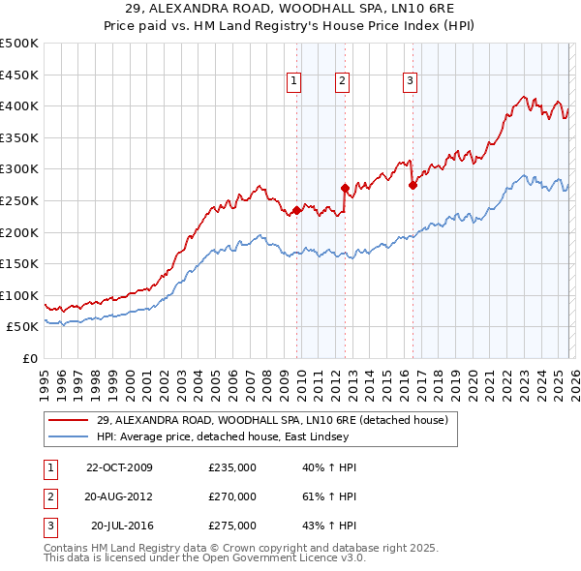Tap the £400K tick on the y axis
pos(19,105)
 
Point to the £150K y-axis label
pos(19,263)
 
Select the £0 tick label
pos(30,358)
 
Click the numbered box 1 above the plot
pos(293,81)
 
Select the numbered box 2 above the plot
pos(343,81)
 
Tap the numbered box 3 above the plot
pos(410,81)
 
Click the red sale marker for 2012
pos(345,188)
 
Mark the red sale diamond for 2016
pos(413,185)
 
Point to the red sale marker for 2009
pos(296,210)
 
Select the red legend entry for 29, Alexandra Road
pos(271,420)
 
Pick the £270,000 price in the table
pos(232,496)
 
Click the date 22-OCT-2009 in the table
pos(119,467)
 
